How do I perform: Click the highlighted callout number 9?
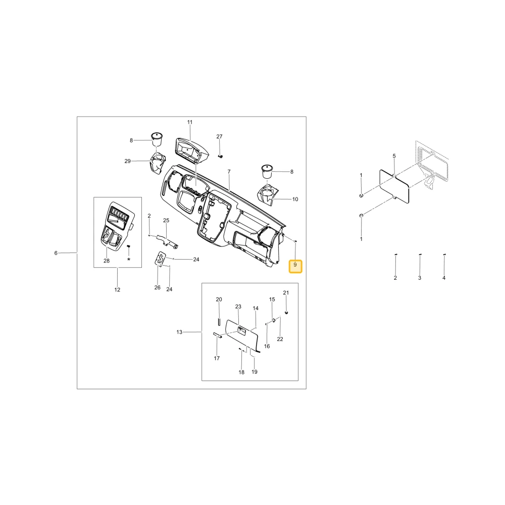pos(295,265)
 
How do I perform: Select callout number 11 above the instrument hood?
pos(190,122)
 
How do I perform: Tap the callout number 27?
pos(219,136)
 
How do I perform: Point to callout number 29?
pos(128,161)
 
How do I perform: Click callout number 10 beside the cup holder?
pos(295,199)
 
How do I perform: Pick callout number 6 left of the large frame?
pos(56,253)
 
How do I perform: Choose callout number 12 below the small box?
pos(117,290)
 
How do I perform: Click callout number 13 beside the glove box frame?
pos(179,332)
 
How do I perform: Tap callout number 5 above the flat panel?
pos(394,156)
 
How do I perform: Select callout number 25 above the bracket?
pos(166,221)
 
